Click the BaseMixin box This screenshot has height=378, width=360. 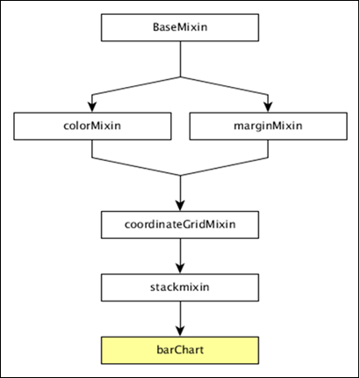coord(180,26)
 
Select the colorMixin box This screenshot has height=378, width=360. coord(92,126)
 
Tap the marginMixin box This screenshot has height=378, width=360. coord(268,126)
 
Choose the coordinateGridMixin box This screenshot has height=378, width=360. coord(180,225)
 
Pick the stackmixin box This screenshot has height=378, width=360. coord(180,287)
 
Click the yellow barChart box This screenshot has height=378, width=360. coord(180,349)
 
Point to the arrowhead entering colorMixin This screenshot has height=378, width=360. coord(92,107)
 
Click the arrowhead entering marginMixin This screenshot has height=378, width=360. coord(268,107)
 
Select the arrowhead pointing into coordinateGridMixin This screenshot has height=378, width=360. coord(180,206)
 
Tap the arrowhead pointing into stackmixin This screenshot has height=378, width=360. coord(180,268)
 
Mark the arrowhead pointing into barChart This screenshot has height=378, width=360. coord(180,331)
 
